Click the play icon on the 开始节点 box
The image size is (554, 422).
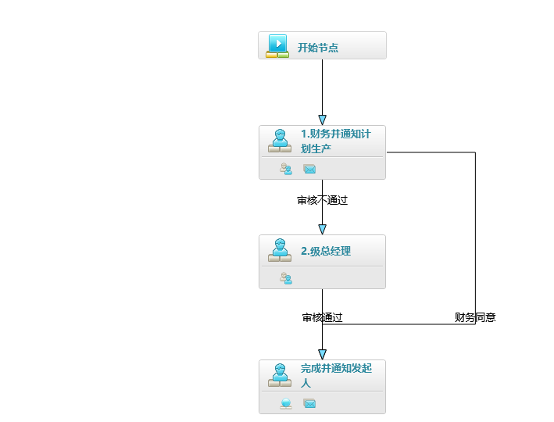click(x=277, y=45)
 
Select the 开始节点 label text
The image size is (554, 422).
click(x=318, y=48)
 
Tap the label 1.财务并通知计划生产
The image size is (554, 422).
click(x=336, y=141)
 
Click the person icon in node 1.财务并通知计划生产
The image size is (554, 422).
click(x=280, y=141)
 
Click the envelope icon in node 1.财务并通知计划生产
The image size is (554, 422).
click(x=309, y=169)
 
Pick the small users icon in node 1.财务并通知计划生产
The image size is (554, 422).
click(x=286, y=169)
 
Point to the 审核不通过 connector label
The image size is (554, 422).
click(x=322, y=200)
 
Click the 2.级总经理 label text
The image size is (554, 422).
click(x=326, y=252)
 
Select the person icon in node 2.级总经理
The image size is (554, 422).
click(x=280, y=250)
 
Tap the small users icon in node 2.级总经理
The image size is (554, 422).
click(x=286, y=277)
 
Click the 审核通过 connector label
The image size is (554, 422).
click(x=322, y=317)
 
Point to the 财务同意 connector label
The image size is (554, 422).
click(x=475, y=317)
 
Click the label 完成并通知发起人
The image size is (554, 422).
click(x=336, y=375)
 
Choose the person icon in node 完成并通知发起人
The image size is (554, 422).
click(x=280, y=375)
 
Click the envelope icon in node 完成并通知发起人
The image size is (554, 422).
click(x=309, y=403)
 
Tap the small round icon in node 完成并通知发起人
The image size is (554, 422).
click(x=286, y=403)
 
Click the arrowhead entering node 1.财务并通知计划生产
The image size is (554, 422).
click(x=322, y=120)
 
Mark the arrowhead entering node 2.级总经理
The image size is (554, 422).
click(x=322, y=229)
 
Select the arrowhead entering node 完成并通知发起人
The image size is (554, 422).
click(x=322, y=354)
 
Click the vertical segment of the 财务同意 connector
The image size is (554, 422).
click(x=475, y=234)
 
